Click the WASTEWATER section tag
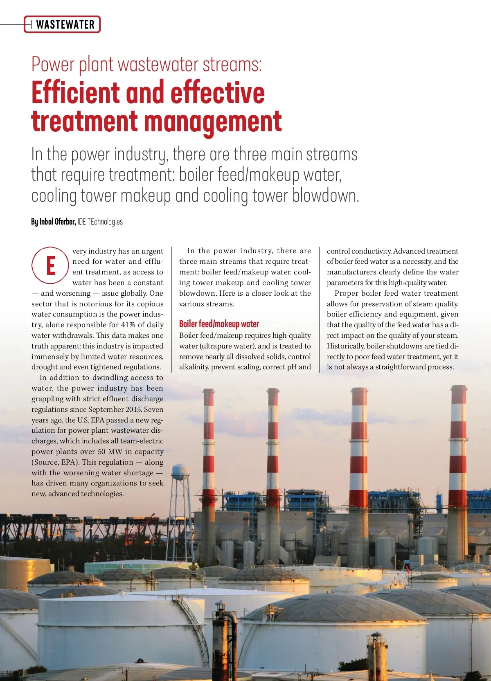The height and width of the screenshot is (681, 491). [65, 25]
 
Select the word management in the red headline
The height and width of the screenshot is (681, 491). [213, 122]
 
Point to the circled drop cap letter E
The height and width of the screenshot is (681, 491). [50, 265]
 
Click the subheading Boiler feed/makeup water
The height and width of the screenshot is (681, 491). [219, 324]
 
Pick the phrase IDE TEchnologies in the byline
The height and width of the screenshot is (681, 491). [100, 222]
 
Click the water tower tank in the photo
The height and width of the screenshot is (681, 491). [180, 472]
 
